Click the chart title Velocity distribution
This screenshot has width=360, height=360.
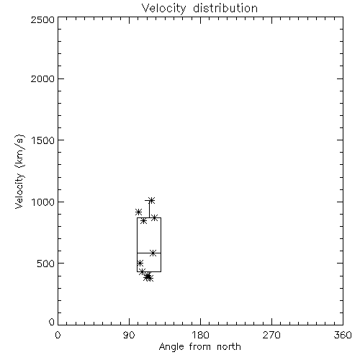[x=199, y=8]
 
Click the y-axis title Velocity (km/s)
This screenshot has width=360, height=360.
[x=19, y=172]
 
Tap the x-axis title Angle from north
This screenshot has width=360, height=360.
[x=199, y=347]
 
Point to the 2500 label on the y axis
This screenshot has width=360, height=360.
[x=42, y=19]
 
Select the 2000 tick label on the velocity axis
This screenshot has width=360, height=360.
[x=42, y=78]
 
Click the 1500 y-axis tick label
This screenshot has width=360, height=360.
[x=43, y=140]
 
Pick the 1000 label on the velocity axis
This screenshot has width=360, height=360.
[x=43, y=202]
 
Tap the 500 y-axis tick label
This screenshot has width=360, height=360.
[x=46, y=264]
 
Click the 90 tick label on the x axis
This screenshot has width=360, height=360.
[x=129, y=335]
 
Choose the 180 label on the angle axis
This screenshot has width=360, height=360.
[x=200, y=335]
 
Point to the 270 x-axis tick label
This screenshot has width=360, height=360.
[x=271, y=335]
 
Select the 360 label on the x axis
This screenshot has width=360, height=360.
[x=343, y=335]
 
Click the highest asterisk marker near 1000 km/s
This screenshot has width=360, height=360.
[x=151, y=200]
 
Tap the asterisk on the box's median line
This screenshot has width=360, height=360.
[x=153, y=253]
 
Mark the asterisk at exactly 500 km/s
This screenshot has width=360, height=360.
[x=140, y=263]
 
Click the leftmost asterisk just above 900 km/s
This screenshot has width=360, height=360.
[x=138, y=212]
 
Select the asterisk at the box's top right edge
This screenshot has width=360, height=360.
[x=155, y=218]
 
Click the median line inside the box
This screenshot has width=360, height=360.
[x=149, y=253]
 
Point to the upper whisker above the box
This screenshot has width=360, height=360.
[x=149, y=209]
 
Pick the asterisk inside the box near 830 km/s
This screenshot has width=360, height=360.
[x=143, y=221]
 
